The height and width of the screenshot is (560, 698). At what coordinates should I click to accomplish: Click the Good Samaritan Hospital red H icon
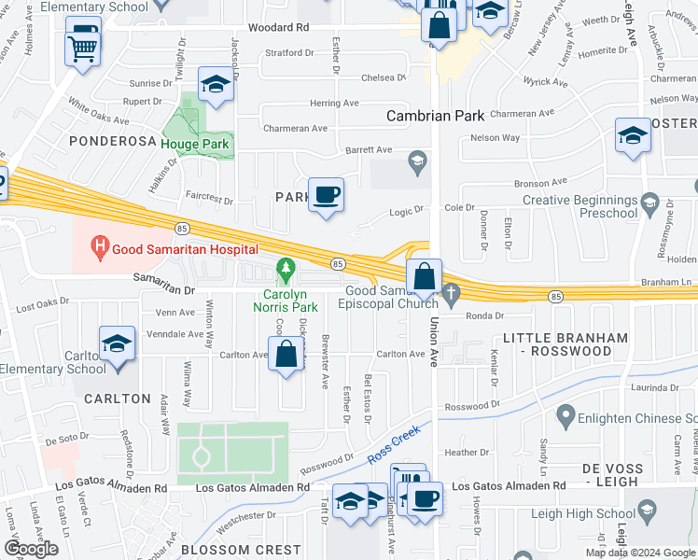point(99,248)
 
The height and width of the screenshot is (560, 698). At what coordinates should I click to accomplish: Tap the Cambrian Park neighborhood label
point(436,116)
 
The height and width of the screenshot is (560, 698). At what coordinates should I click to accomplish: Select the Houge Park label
point(196,144)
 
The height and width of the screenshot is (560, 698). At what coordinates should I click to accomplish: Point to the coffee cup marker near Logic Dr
point(326,195)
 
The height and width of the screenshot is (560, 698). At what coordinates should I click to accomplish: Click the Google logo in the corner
point(31,549)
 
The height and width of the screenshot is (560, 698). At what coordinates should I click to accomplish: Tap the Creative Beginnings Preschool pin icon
point(650,200)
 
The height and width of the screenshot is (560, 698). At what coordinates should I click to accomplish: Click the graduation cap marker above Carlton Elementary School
point(118,344)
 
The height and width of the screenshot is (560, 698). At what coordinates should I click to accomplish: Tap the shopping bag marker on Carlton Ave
point(286,355)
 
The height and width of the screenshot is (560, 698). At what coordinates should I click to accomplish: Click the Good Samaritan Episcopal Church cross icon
point(453,294)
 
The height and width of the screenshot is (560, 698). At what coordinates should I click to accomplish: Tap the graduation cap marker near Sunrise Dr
point(216,85)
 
